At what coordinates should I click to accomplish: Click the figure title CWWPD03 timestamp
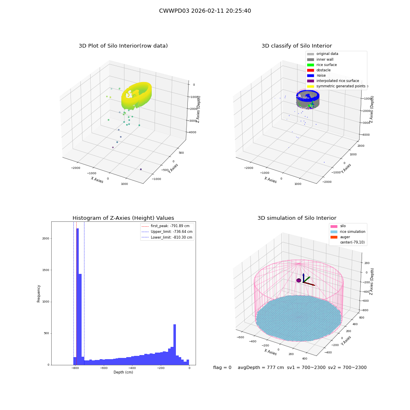(205, 11)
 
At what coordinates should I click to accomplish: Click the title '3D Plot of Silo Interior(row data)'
(123, 46)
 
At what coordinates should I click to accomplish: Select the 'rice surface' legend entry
(322, 65)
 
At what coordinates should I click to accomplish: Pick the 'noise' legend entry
(317, 75)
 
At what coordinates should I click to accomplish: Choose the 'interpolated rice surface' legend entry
(333, 81)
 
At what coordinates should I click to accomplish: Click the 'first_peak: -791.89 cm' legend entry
(165, 226)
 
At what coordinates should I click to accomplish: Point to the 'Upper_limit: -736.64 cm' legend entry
(167, 232)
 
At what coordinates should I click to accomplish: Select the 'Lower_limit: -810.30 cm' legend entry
(167, 237)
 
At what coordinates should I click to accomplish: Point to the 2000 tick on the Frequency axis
(46, 239)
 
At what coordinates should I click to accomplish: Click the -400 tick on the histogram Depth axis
(132, 368)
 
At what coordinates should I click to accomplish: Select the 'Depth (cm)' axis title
(123, 372)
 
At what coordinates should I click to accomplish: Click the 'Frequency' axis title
(39, 294)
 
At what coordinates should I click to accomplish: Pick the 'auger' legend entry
(340, 237)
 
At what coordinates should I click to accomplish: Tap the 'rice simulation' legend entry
(348, 232)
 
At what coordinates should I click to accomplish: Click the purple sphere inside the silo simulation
(298, 280)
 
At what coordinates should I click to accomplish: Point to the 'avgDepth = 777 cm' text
(261, 367)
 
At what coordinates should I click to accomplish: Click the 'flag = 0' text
(222, 367)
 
